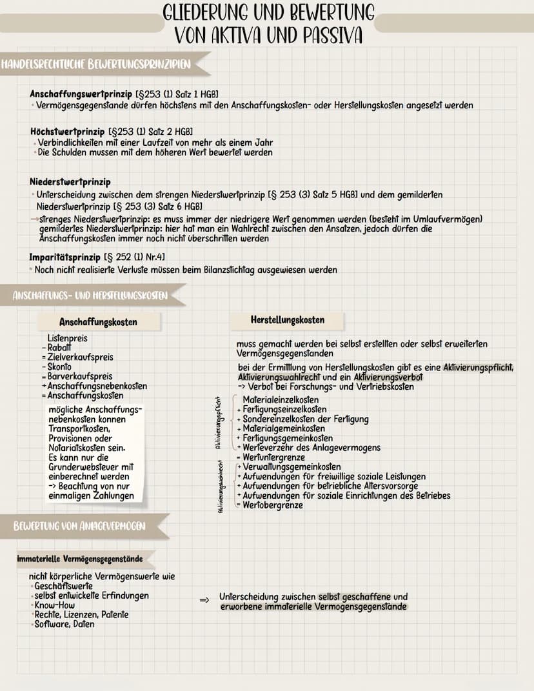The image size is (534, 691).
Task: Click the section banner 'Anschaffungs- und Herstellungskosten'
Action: (x=90, y=295)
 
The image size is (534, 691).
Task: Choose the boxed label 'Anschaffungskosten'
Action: (x=98, y=322)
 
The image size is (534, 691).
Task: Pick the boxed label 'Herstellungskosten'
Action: (x=287, y=320)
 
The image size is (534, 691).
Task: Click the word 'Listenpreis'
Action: (x=67, y=337)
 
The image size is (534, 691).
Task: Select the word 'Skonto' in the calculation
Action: (x=61, y=366)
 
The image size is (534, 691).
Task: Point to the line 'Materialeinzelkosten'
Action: (x=281, y=400)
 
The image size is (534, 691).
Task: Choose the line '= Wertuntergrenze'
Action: (x=272, y=457)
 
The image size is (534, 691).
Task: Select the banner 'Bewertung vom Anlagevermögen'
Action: (x=80, y=526)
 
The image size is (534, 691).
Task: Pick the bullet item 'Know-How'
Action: (x=55, y=605)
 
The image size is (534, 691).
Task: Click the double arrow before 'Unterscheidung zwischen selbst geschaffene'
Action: (x=204, y=600)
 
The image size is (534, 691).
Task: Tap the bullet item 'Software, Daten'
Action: (x=64, y=624)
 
